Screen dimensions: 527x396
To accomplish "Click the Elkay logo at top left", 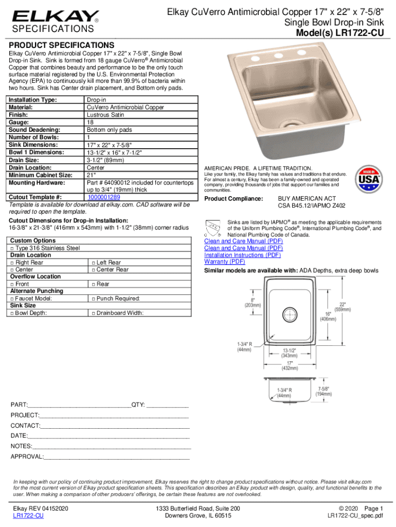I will [x=55, y=16].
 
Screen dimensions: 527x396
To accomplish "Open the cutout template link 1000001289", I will [x=104, y=197].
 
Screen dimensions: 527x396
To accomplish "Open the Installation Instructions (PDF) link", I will [x=242, y=255].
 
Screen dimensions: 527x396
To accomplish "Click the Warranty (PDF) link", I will [x=224, y=261].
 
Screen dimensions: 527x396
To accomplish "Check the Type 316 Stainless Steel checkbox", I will [x=12, y=248].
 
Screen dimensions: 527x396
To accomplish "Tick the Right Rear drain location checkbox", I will [x=12, y=262].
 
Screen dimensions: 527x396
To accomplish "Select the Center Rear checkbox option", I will [x=93, y=270].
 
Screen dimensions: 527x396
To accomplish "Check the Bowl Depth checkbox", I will [x=12, y=313].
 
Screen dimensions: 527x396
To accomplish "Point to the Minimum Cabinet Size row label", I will [x=40, y=175].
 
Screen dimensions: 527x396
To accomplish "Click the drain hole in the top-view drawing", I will [x=291, y=313].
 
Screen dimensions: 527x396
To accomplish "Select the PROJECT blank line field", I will [x=114, y=415].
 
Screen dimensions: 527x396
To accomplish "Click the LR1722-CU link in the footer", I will [x=28, y=515].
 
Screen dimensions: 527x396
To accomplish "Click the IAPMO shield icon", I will [x=211, y=226].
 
